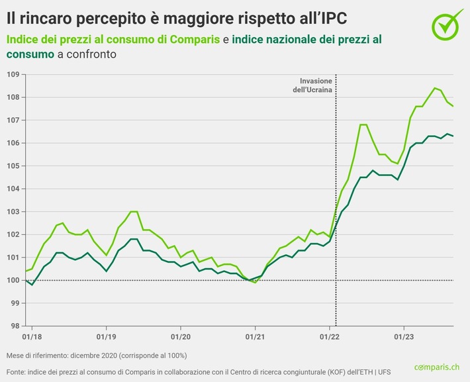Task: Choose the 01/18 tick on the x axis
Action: [31, 335]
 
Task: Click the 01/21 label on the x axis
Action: [256, 335]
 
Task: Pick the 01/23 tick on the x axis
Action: [404, 335]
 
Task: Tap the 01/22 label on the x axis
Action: [330, 335]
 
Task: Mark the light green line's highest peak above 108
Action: [435, 88]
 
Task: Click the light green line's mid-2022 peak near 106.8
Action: [363, 124]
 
